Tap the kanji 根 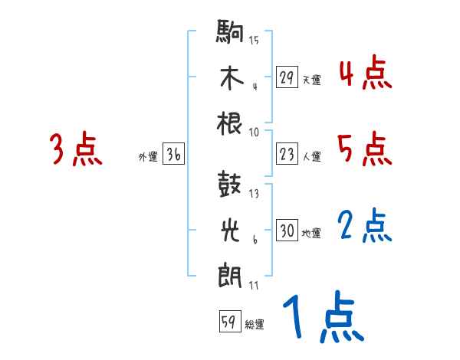230,123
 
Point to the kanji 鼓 230,185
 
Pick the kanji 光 230,229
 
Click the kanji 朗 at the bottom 230,275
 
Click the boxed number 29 287,77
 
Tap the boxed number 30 287,230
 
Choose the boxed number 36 173,155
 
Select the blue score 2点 365,226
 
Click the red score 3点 76,149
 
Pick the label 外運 148,157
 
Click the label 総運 254,324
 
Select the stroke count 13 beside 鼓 254,193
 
